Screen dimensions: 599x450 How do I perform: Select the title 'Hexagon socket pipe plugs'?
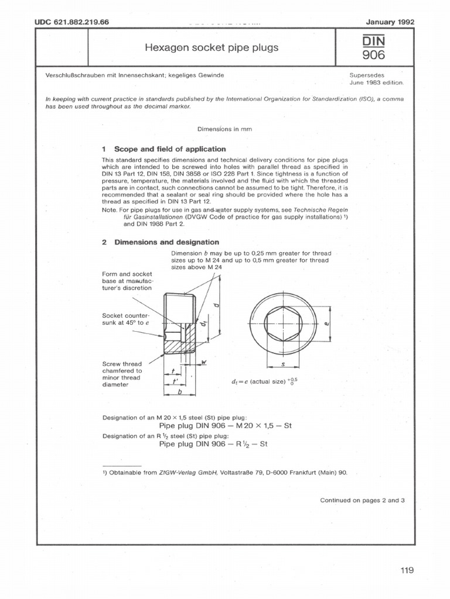[212, 47]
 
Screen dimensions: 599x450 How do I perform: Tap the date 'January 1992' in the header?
[390, 22]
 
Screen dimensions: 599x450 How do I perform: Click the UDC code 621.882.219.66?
[73, 22]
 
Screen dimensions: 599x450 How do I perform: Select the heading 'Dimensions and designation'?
[166, 242]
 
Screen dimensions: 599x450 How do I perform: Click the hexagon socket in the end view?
[283, 322]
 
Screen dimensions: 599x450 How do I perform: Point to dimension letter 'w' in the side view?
[204, 363]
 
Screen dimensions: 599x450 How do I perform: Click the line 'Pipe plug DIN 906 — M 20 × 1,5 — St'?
[225, 426]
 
